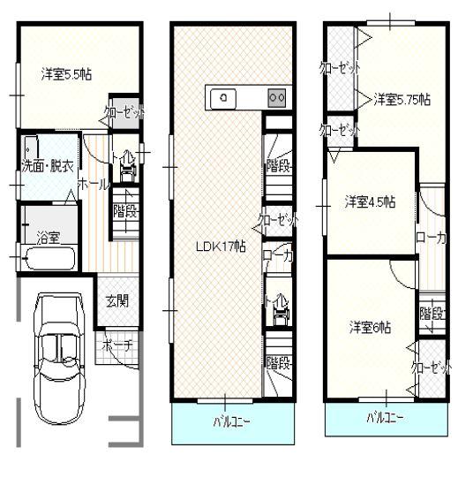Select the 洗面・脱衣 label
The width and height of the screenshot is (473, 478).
click(x=46, y=165)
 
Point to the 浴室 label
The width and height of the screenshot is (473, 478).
click(x=48, y=237)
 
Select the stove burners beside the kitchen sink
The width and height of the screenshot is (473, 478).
click(x=276, y=98)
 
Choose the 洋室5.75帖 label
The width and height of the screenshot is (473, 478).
click(x=401, y=99)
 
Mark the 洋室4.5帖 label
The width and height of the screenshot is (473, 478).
click(x=370, y=201)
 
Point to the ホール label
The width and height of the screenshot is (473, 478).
click(x=94, y=184)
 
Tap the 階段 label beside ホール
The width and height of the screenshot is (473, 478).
click(x=125, y=211)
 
